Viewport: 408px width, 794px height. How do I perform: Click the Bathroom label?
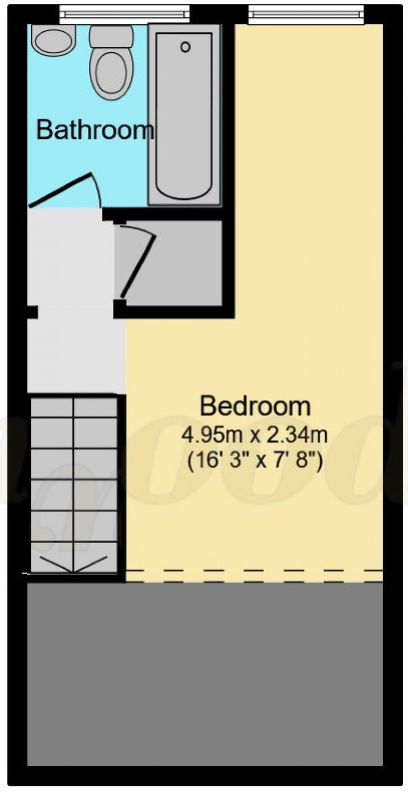click(95, 130)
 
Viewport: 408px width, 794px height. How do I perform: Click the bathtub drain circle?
click(185, 47)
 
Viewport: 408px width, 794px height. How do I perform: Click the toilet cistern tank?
click(111, 36)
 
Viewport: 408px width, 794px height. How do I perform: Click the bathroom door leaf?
click(60, 189)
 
